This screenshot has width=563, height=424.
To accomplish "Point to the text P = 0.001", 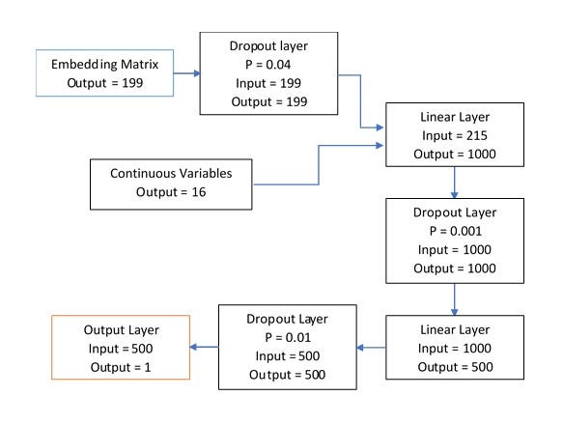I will click(452, 232).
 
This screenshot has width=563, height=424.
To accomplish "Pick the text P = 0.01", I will click(285, 338).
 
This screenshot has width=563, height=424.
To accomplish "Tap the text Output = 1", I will click(122, 366).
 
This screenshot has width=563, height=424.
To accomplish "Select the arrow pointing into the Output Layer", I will click(204, 348).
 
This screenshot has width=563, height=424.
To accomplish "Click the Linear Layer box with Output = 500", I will click(452, 348).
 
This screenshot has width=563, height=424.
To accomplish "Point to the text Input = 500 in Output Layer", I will click(122, 348).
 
